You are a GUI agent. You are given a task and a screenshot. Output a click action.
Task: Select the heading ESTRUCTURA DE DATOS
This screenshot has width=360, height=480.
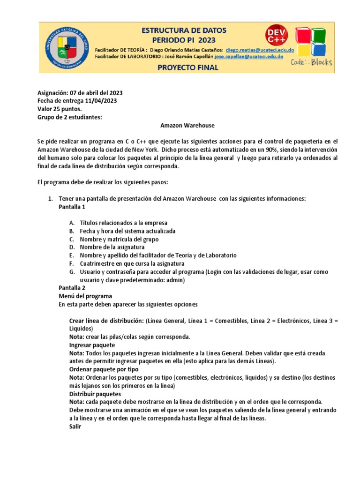click(x=184, y=30)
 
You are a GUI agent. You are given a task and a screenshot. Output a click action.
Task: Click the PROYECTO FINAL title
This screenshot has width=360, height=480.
click(x=184, y=67)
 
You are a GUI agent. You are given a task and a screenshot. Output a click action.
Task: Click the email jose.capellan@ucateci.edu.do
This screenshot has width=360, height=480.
click(x=248, y=56)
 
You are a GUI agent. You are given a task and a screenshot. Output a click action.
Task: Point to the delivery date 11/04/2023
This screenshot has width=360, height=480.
click(x=101, y=101)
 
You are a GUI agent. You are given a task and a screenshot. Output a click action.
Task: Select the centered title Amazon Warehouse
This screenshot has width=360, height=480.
click(x=181, y=125)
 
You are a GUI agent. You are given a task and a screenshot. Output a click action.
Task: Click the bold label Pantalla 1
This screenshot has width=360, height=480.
click(x=72, y=207)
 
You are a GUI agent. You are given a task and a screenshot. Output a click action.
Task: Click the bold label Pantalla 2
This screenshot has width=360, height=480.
click(x=72, y=288)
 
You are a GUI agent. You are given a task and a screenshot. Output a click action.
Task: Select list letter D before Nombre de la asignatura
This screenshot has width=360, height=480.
click(x=71, y=247)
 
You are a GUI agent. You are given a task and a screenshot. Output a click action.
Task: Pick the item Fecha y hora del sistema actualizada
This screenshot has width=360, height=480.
click(x=127, y=231)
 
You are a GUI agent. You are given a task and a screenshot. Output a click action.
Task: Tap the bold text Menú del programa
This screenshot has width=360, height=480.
click(x=85, y=296)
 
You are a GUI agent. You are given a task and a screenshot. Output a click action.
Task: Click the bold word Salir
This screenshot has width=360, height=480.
click(x=75, y=427)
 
